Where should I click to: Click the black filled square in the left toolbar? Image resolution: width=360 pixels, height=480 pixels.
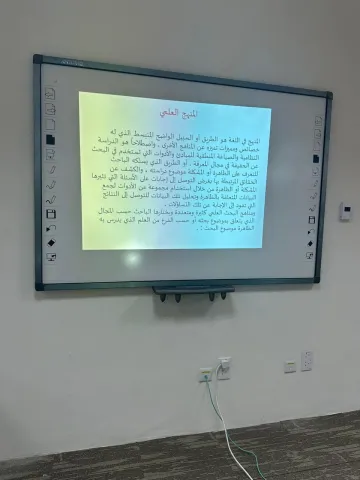tap(49, 138)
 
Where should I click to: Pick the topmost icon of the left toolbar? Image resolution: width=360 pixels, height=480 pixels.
tap(50, 93)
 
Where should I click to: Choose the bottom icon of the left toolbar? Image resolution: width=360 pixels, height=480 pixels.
tap(51, 257)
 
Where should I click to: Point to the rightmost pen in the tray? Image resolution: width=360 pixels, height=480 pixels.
tap(225, 296)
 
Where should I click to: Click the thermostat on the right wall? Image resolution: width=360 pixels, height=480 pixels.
tap(345, 211)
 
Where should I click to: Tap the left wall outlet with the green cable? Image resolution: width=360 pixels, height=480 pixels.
tap(205, 374)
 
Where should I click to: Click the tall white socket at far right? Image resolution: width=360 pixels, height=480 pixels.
tap(306, 361)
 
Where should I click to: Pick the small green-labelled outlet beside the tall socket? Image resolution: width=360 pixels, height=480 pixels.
tap(289, 367)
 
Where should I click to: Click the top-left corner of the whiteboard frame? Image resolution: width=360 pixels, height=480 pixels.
tap(36, 59)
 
